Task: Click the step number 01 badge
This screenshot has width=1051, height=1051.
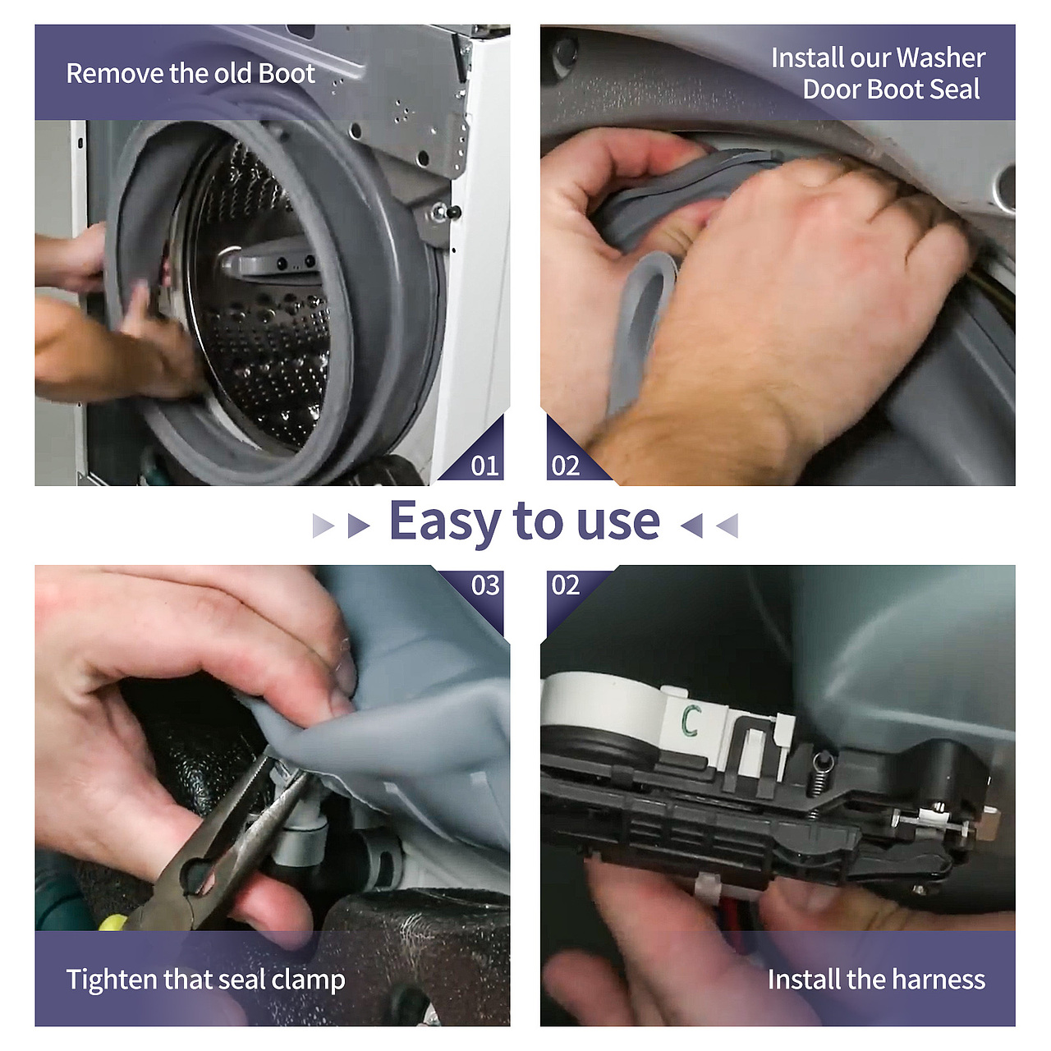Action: [484, 466]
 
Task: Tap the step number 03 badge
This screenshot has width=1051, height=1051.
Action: [485, 585]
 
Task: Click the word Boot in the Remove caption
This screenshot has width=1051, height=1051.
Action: [287, 74]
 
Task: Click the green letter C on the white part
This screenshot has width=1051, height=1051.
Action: [689, 721]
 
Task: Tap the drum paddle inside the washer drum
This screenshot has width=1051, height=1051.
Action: [267, 262]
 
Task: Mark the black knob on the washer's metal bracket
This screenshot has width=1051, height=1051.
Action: [452, 212]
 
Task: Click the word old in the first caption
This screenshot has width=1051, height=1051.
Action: [234, 74]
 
